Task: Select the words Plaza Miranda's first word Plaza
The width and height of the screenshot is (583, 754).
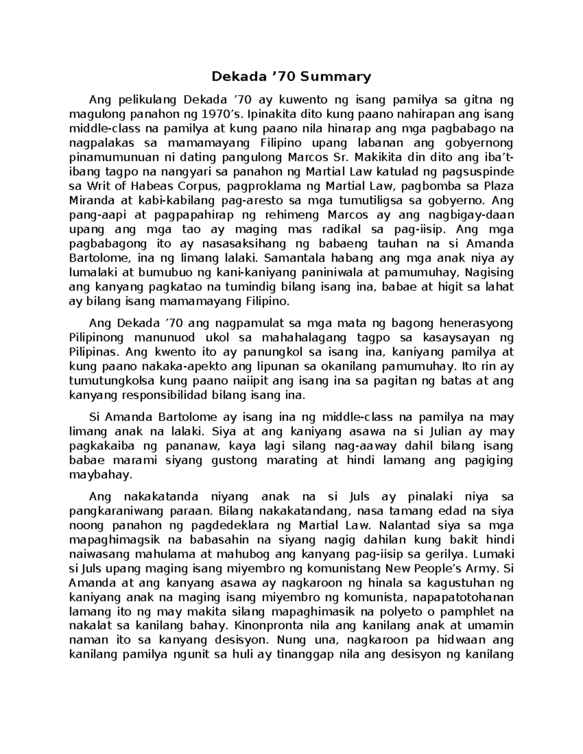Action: pyautogui.click(x=497, y=186)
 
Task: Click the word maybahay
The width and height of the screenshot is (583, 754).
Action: pyautogui.click(x=100, y=475)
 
